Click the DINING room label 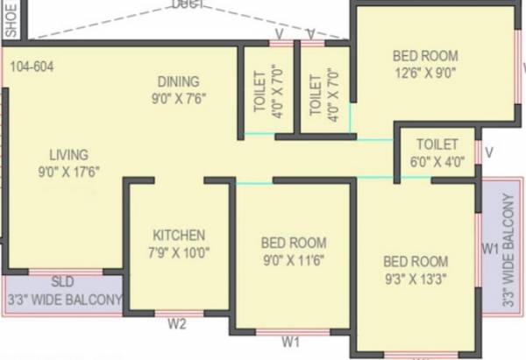tap(178, 81)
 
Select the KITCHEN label tap(179, 235)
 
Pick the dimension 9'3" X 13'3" tap(416, 279)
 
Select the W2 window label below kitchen tap(177, 324)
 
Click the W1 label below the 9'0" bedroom tap(292, 341)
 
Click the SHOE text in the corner tap(11, 19)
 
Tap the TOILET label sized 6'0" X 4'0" tap(437, 144)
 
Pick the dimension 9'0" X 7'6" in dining tap(178, 98)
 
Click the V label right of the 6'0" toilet tap(488, 153)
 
